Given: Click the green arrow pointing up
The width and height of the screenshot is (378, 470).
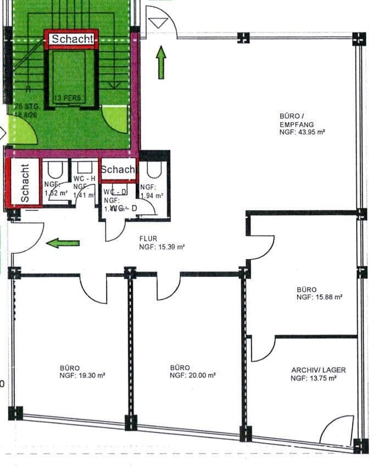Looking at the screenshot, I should click(x=161, y=62).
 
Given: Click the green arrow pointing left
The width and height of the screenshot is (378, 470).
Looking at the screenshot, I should click(x=63, y=243).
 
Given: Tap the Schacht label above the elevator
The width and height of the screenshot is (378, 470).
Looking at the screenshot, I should click(x=73, y=39).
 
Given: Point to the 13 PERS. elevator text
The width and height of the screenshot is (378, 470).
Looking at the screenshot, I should click(x=68, y=98).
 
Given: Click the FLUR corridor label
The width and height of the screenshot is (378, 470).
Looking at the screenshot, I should click(x=148, y=239).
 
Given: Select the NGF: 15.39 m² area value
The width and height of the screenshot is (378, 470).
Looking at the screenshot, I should click(x=162, y=247).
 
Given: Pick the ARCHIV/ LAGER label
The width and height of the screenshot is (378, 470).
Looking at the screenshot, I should click(x=318, y=370).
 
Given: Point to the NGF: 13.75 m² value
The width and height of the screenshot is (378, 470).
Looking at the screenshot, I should click(x=313, y=378).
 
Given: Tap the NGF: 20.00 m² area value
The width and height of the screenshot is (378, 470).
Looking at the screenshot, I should click(x=192, y=375).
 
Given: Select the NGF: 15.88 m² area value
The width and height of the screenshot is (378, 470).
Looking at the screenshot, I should click(x=319, y=297).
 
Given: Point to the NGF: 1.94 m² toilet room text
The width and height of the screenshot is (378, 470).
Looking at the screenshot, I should click(x=151, y=191).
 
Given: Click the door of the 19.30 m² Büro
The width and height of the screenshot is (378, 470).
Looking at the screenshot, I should click(x=94, y=290).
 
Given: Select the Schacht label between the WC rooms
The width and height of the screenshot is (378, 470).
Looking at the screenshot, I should click(x=118, y=170).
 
